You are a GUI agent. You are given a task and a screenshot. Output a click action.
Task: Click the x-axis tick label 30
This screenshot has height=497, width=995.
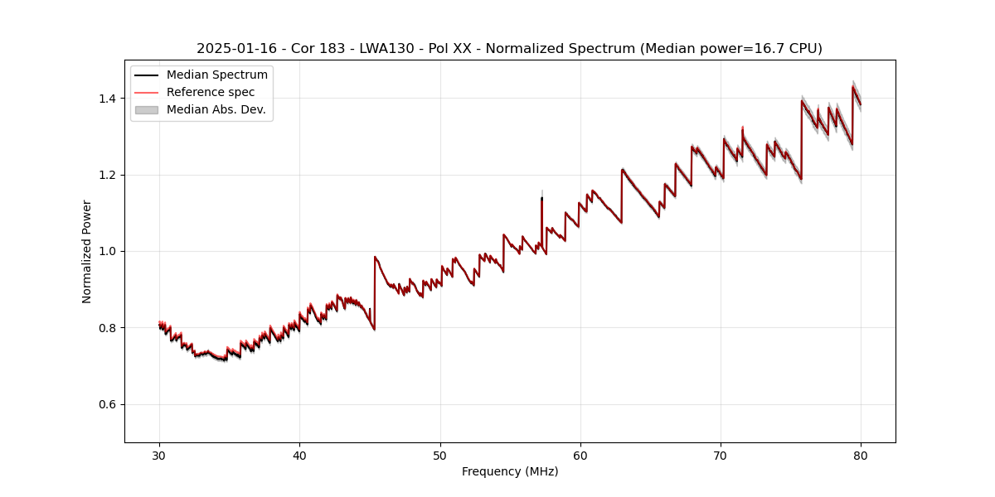[159, 455]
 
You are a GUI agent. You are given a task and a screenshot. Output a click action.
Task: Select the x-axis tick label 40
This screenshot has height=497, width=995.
[299, 455]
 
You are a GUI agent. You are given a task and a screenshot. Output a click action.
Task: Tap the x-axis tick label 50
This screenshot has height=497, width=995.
[440, 455]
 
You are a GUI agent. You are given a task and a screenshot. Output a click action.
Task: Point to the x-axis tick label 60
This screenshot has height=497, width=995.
[580, 455]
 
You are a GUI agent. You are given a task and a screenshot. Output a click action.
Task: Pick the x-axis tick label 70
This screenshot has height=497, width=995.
[721, 455]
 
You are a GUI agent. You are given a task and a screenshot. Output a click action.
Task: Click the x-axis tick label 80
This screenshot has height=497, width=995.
[861, 455]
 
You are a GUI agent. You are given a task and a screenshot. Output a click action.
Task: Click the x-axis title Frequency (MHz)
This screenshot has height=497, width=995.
[510, 471]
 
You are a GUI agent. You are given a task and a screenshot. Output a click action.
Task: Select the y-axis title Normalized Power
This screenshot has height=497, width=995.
[87, 251]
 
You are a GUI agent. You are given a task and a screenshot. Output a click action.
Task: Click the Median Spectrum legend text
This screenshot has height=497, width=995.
[217, 75]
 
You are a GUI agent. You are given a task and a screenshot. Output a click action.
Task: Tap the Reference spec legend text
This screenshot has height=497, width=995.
[211, 92]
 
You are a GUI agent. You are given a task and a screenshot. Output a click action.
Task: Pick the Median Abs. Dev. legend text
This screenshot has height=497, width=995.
[216, 109]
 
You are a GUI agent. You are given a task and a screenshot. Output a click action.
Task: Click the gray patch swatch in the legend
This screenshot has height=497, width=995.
[146, 109]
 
